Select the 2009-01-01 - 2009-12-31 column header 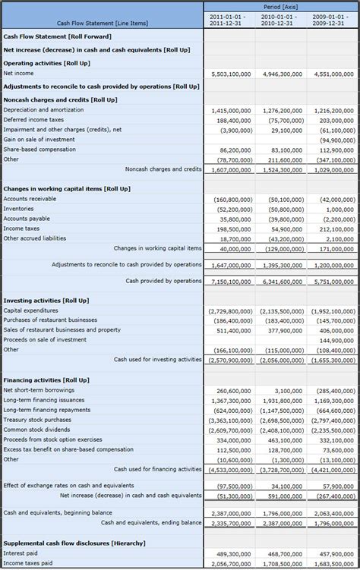click(x=333, y=19)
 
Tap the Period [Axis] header click(x=280, y=5)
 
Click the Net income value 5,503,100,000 click(x=231, y=74)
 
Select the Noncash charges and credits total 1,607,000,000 click(x=231, y=169)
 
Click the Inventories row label click(x=18, y=209)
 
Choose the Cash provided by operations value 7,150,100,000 click(x=231, y=281)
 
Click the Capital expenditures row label click(x=30, y=310)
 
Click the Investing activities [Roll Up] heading click(x=46, y=301)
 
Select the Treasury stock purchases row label click(x=37, y=420)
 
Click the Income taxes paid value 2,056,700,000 click(x=231, y=564)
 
